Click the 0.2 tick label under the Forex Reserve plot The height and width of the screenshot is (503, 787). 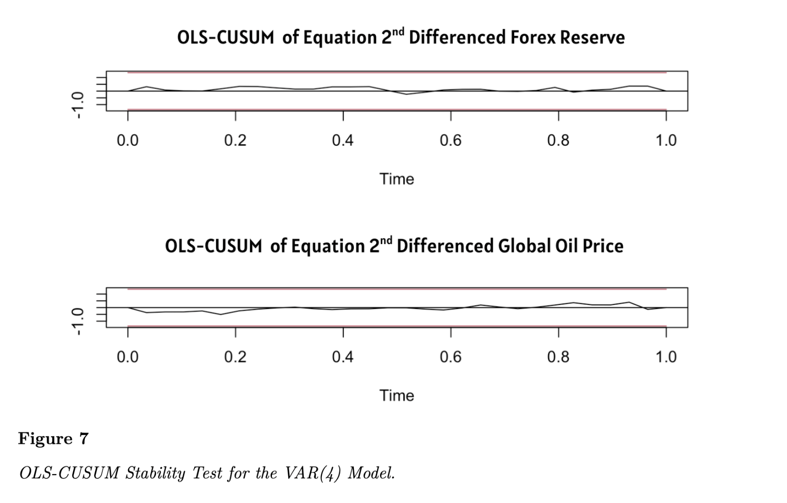point(235,140)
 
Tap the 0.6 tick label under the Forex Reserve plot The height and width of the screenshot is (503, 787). point(450,140)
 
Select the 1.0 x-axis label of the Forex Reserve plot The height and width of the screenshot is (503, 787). point(666,140)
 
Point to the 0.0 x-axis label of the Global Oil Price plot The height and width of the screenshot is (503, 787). point(128,357)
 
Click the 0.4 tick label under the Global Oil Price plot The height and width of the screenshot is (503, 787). point(343,357)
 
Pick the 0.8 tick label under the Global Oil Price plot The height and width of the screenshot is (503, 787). point(558,357)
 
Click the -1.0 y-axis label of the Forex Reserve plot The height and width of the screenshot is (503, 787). point(77,105)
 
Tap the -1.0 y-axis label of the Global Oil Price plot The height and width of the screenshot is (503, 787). point(77,321)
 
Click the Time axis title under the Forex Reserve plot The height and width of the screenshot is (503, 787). point(396,179)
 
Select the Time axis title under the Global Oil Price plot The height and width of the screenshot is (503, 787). point(396,395)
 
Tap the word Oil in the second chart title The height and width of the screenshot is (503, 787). point(566,246)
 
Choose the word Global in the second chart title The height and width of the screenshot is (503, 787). point(524,246)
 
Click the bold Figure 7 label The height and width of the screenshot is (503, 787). point(53,439)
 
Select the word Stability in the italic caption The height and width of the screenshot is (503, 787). point(156,473)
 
